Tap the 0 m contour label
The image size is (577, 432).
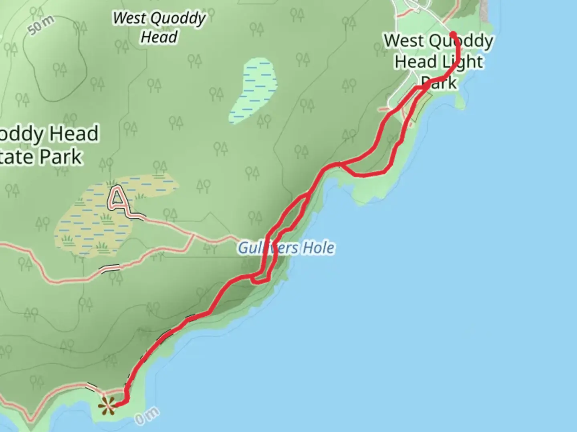tap(147, 416)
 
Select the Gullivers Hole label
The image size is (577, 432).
tap(286, 248)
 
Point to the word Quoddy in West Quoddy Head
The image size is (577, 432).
tap(179, 19)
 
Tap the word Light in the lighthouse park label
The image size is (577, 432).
tap(463, 62)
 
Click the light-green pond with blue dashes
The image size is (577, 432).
tap(254, 90)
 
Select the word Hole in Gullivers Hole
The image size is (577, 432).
tap(319, 248)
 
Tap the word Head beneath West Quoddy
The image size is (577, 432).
tap(159, 37)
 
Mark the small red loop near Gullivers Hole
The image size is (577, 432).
tap(264, 276)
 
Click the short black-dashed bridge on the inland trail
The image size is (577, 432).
tap(110, 269)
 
